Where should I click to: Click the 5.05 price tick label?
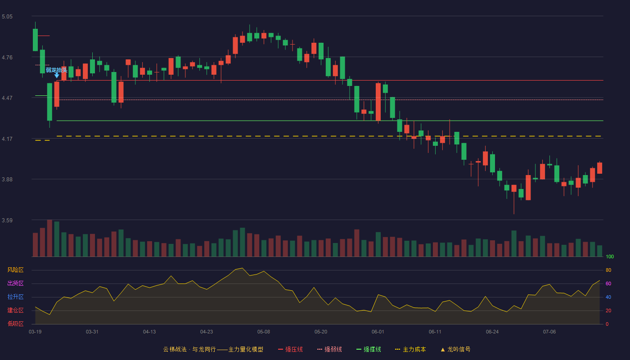click(7, 17)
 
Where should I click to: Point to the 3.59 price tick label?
click(7, 220)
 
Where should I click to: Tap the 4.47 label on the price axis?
click(7, 98)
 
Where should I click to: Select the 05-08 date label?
click(264, 332)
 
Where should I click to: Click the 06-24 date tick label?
click(492, 332)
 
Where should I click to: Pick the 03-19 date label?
click(35, 332)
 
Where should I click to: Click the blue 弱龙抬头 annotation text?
click(57, 70)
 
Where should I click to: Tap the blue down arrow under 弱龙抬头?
click(57, 76)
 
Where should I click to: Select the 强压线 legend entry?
click(290, 349)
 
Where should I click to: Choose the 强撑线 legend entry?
click(369, 349)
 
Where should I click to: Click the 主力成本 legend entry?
click(410, 349)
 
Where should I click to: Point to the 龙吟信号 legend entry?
click(455, 349)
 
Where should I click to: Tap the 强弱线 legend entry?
click(329, 349)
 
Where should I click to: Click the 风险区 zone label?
click(15, 270)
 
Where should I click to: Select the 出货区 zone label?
click(15, 283)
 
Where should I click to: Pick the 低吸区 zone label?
click(15, 324)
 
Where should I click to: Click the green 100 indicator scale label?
click(610, 256)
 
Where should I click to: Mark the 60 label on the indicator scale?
click(608, 283)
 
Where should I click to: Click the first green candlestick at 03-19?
click(35, 40)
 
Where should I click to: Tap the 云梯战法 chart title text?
click(175, 349)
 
